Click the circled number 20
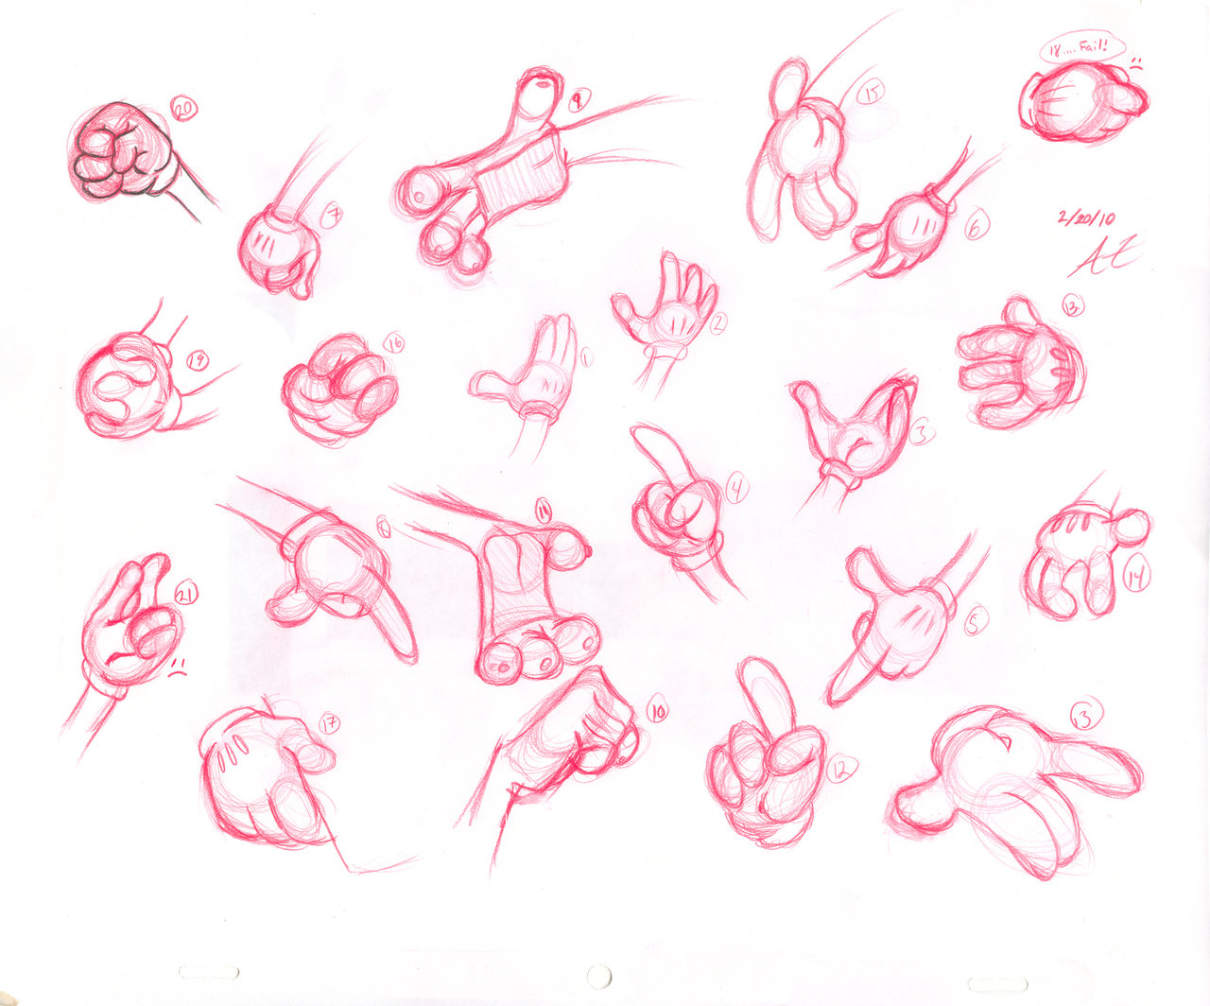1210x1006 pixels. pyautogui.click(x=183, y=111)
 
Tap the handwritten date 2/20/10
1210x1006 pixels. pyautogui.click(x=1086, y=217)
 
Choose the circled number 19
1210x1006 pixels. pyautogui.click(x=197, y=360)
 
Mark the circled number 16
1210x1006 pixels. pyautogui.click(x=393, y=343)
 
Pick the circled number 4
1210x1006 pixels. pyautogui.click(x=736, y=489)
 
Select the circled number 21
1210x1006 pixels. pyautogui.click(x=185, y=594)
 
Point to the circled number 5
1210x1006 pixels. pyautogui.click(x=976, y=621)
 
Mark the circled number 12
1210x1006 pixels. pyautogui.click(x=838, y=771)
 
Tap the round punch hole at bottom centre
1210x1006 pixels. pyautogui.click(x=598, y=974)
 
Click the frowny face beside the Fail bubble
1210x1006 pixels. pyautogui.click(x=1137, y=66)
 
